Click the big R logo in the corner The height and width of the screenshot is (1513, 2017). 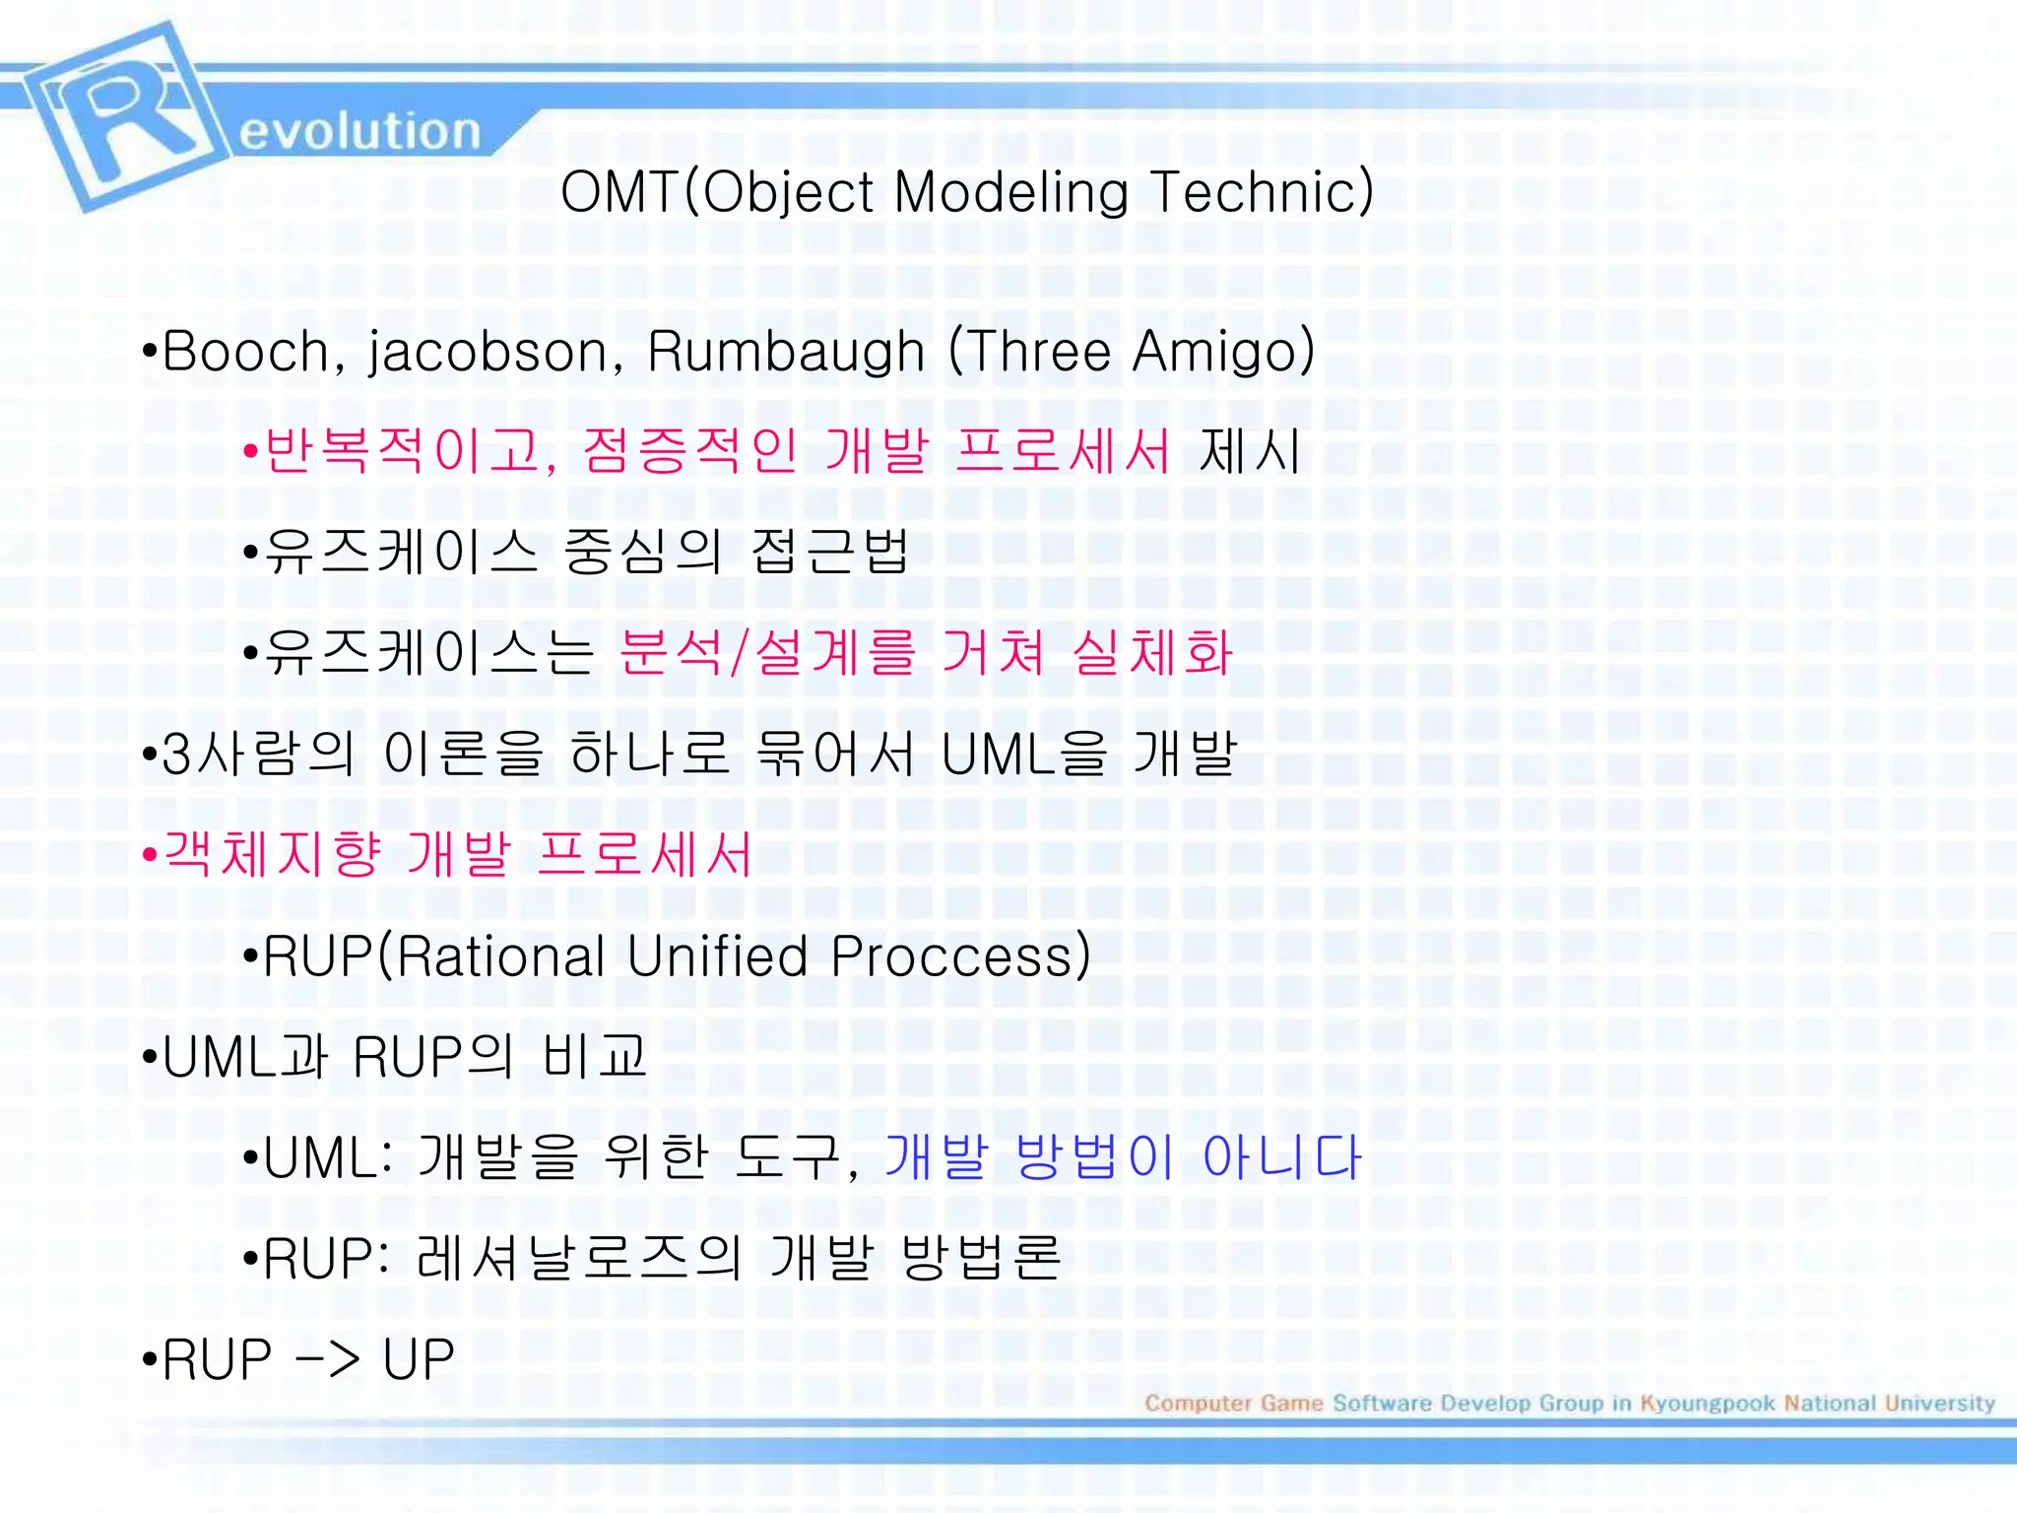118,116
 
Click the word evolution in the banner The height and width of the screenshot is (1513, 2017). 359,131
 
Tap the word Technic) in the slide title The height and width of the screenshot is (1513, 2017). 1262,191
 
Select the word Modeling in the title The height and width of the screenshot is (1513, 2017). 1010,193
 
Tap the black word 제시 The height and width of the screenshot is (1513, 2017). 1250,452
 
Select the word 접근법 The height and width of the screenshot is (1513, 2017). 829,551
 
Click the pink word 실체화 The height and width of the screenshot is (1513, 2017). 1153,652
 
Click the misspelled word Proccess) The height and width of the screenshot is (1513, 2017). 961,955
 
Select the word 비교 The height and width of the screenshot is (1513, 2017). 595,1056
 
